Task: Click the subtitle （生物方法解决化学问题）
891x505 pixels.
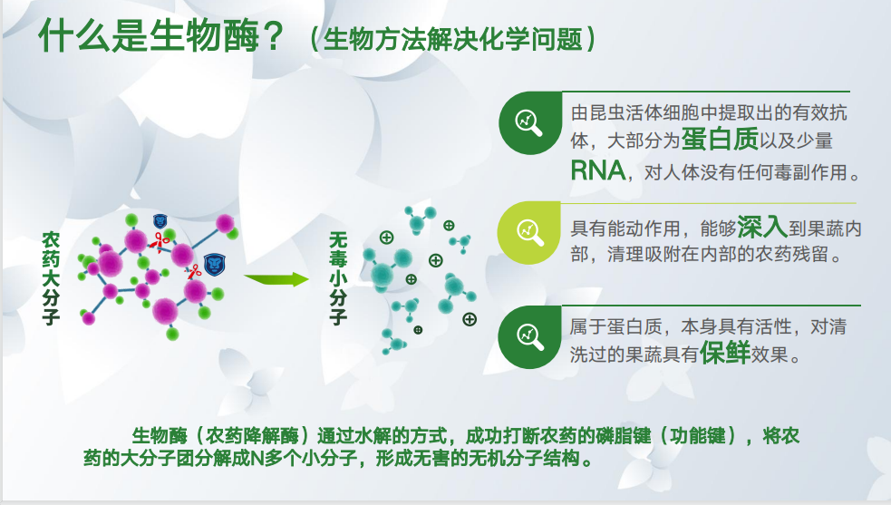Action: click(x=450, y=40)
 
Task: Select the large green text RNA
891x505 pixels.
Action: click(x=598, y=170)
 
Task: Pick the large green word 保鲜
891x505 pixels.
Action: click(x=724, y=353)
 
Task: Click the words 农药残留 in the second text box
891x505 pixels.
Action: click(x=787, y=256)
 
